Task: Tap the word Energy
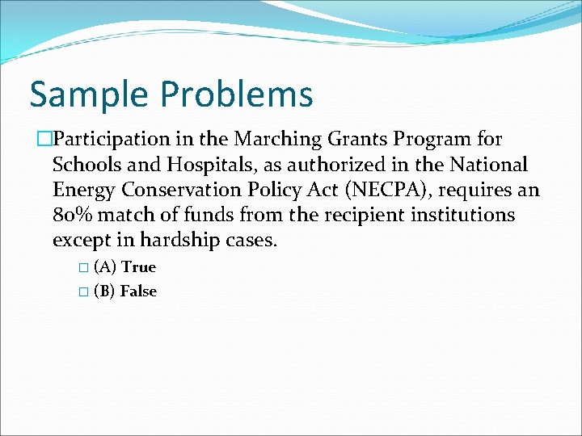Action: tap(82, 191)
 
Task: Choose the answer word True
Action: tap(138, 267)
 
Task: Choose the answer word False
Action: tap(138, 291)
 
